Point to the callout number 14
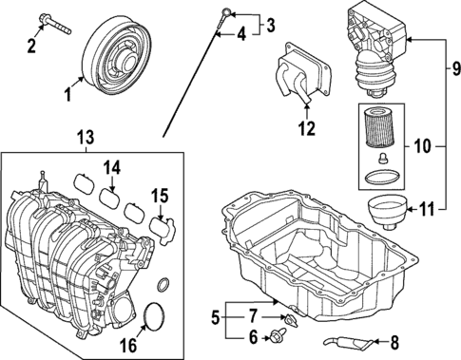(x=113, y=167)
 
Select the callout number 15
(x=160, y=198)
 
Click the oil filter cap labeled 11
(x=385, y=213)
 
